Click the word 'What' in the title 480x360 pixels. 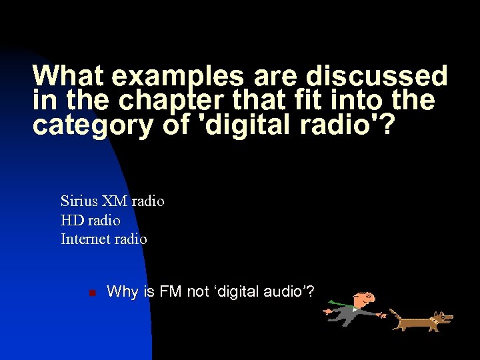click(x=69, y=77)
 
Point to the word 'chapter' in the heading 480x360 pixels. click(x=167, y=101)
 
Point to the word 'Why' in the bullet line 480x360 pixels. click(x=123, y=292)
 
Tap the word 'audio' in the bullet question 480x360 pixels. click(x=288, y=291)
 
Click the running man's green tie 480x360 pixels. click(x=340, y=303)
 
